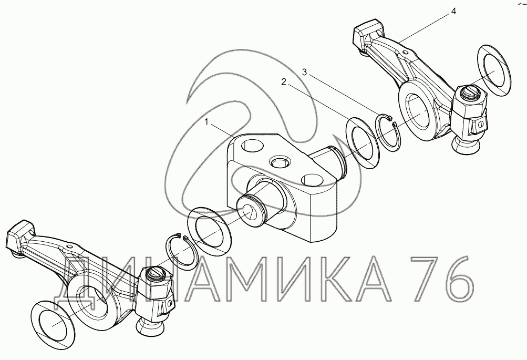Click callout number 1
[207, 123]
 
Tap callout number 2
[284, 82]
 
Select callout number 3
[305, 72]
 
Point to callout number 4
[453, 11]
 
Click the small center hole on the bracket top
[278, 163]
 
